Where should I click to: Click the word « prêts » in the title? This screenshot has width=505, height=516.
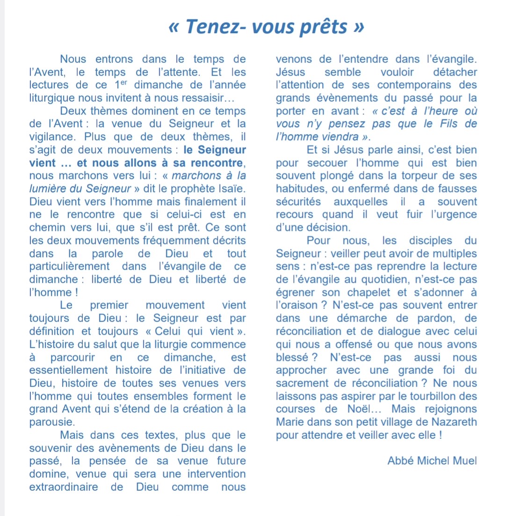[330, 27]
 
